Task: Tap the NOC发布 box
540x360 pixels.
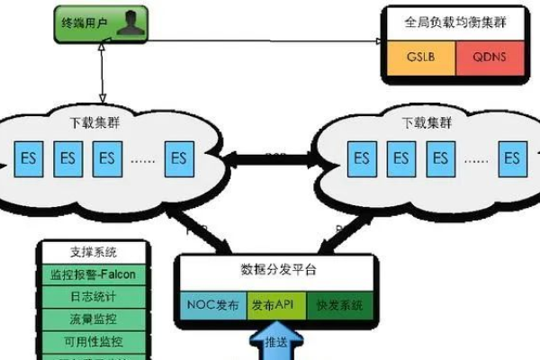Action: point(211,305)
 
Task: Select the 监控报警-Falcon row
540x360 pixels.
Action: point(94,273)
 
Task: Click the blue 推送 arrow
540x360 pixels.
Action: point(274,342)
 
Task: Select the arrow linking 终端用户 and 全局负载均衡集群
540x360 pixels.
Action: point(261,40)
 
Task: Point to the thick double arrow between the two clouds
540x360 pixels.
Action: point(270,158)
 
